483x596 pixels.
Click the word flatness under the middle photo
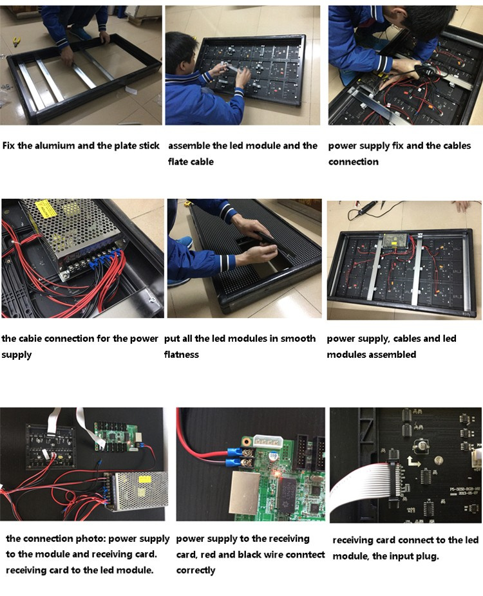[x=182, y=354]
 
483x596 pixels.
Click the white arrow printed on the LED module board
[x=414, y=461]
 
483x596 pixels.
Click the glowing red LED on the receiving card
[x=278, y=474]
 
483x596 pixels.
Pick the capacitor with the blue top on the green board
[x=274, y=456]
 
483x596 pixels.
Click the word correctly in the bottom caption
[x=196, y=570]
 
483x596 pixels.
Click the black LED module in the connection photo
[x=51, y=446]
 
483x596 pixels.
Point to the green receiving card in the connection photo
[x=116, y=436]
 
